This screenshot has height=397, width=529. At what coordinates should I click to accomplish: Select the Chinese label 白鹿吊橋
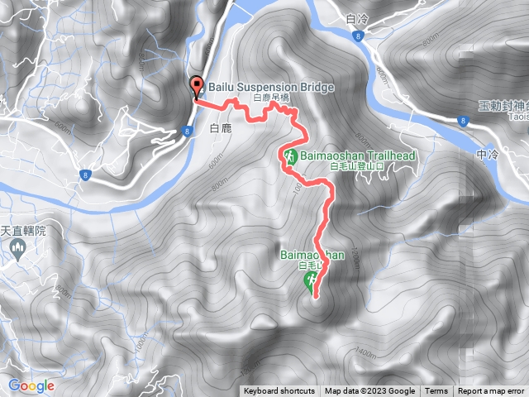(x=271, y=98)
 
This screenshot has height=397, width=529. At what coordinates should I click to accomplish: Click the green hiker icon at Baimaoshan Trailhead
(x=291, y=156)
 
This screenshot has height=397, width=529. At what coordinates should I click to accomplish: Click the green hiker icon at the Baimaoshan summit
(x=310, y=282)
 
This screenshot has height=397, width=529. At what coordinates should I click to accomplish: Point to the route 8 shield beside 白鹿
(x=188, y=131)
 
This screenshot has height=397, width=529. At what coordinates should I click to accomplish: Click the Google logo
(x=31, y=385)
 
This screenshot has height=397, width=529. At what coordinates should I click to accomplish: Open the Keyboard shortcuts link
(x=279, y=391)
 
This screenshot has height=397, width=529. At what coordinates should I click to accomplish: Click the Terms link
(x=436, y=391)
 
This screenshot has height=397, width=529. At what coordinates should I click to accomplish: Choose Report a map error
(x=491, y=391)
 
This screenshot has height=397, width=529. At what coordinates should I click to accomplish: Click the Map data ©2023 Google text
(x=369, y=391)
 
